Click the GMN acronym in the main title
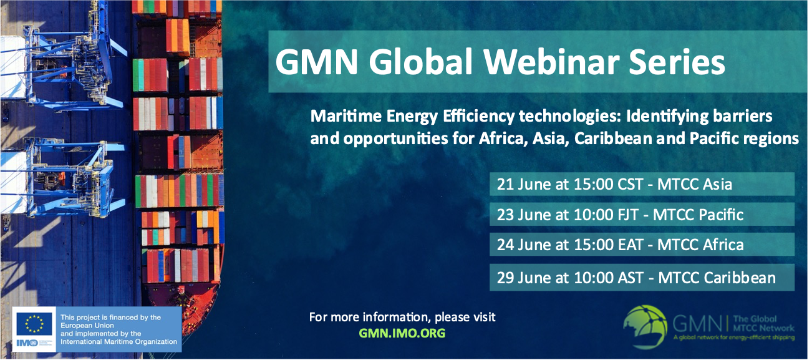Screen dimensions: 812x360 pyautogui.click(x=316, y=62)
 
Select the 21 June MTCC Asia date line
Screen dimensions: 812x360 pyautogui.click(x=614, y=184)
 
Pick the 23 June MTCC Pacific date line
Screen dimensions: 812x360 pyautogui.click(x=620, y=215)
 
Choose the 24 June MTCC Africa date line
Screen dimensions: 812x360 pyautogui.click(x=620, y=245)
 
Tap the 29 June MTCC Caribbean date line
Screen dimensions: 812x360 pyautogui.click(x=636, y=278)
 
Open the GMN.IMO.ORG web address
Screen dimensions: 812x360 pyautogui.click(x=402, y=333)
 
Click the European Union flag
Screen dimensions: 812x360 pyautogui.click(x=34, y=324)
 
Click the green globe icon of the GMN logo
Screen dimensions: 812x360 pyautogui.click(x=645, y=327)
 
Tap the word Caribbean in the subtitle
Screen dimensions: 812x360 pyautogui.click(x=613, y=139)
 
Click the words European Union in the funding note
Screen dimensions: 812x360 pyautogui.click(x=87, y=326)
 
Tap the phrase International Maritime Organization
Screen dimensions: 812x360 pyautogui.click(x=119, y=341)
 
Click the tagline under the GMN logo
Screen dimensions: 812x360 pyautogui.click(x=733, y=338)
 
